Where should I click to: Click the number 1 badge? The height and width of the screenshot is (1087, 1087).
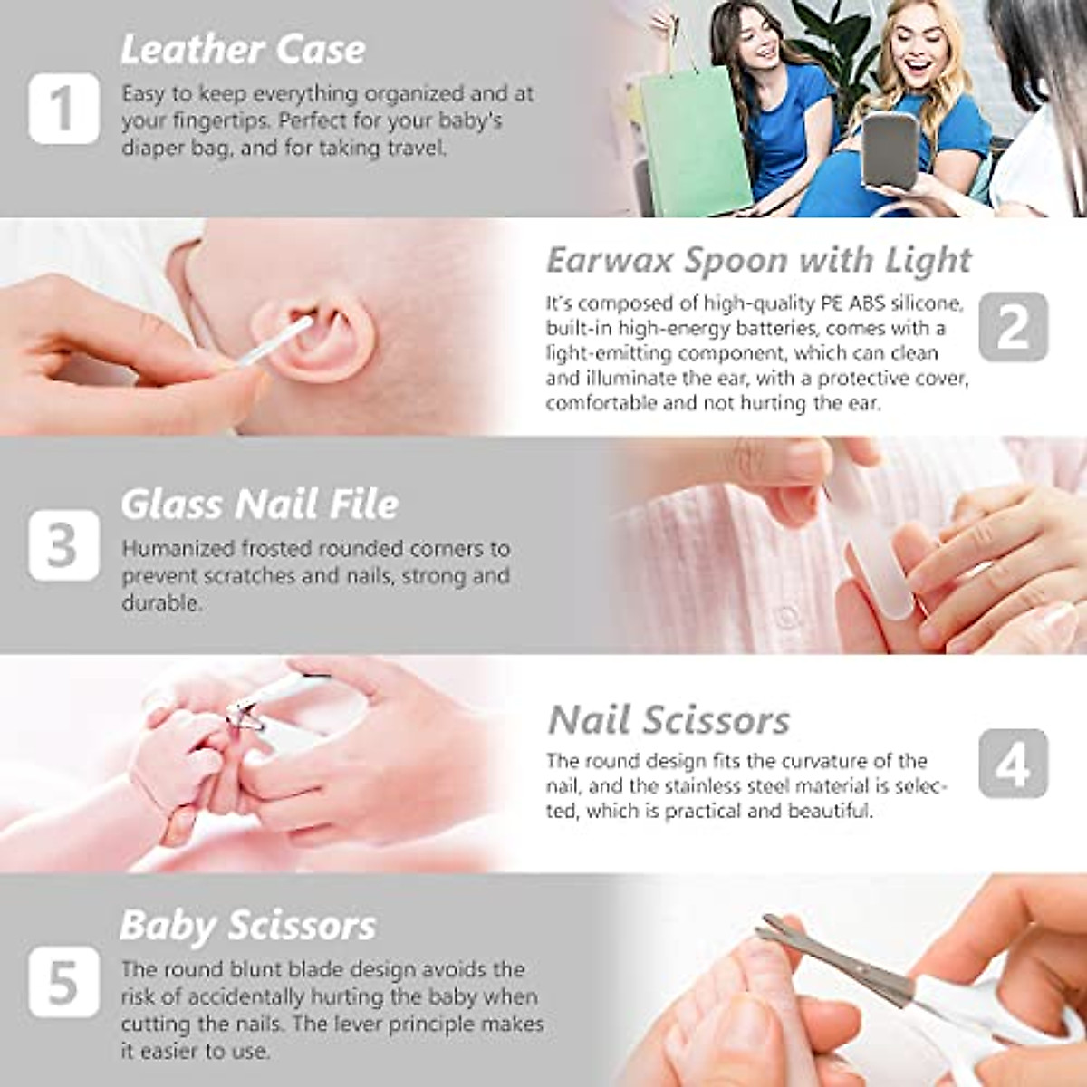pos(63,109)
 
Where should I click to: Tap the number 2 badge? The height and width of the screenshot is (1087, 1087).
pos(1013,326)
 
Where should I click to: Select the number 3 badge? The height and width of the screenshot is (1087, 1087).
pos(63,545)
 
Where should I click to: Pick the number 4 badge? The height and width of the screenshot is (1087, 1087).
pos(1013,764)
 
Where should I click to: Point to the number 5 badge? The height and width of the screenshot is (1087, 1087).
pos(63,982)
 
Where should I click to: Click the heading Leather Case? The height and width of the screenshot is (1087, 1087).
pos(243,50)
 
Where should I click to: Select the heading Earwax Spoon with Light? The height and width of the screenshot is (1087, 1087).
pos(758,260)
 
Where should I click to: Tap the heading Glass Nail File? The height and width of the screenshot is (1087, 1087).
pos(259,505)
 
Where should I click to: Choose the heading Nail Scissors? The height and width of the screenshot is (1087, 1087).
pos(669,721)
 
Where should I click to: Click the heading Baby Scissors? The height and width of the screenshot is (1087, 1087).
pos(247,926)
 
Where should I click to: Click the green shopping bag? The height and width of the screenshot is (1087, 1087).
pos(693,140)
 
